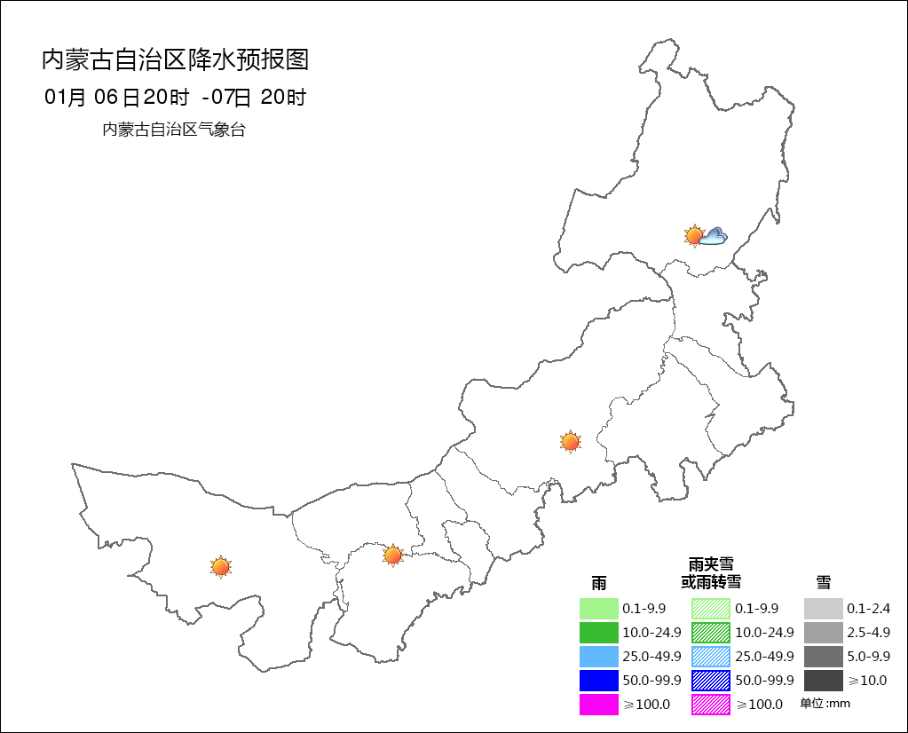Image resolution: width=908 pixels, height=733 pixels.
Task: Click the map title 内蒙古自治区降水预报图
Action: coord(175,60)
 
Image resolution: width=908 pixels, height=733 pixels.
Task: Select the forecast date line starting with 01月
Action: coord(175,98)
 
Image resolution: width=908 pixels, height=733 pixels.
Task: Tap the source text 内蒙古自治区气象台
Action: coord(174,130)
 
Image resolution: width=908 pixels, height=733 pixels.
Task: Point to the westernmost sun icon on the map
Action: coord(220,566)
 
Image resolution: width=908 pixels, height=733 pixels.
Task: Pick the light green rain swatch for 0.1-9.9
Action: coord(598,609)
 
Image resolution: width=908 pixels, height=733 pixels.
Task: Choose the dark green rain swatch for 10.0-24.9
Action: coord(598,633)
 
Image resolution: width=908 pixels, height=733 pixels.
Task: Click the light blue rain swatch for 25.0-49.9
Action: coord(598,657)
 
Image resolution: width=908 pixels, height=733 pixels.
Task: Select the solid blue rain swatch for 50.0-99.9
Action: coord(598,681)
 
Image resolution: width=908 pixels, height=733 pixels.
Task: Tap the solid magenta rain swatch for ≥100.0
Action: coord(598,705)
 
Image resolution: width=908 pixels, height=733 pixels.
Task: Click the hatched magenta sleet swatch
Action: coord(711,705)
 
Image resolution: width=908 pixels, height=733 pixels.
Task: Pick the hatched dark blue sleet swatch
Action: coord(711,681)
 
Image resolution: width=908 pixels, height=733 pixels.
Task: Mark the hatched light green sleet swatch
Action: coord(711,609)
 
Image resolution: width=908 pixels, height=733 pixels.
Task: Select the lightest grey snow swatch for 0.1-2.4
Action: coord(823,609)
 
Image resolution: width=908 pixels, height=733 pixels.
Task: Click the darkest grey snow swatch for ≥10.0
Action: coord(823,681)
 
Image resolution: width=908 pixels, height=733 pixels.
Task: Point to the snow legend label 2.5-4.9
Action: coord(867,633)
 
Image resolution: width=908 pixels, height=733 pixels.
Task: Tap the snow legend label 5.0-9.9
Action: coord(867,657)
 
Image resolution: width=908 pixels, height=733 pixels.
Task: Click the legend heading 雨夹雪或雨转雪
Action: coord(711,573)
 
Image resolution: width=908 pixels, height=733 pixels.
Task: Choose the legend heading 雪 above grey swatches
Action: coord(824,582)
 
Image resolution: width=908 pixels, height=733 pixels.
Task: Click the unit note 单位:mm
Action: coord(825,704)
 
